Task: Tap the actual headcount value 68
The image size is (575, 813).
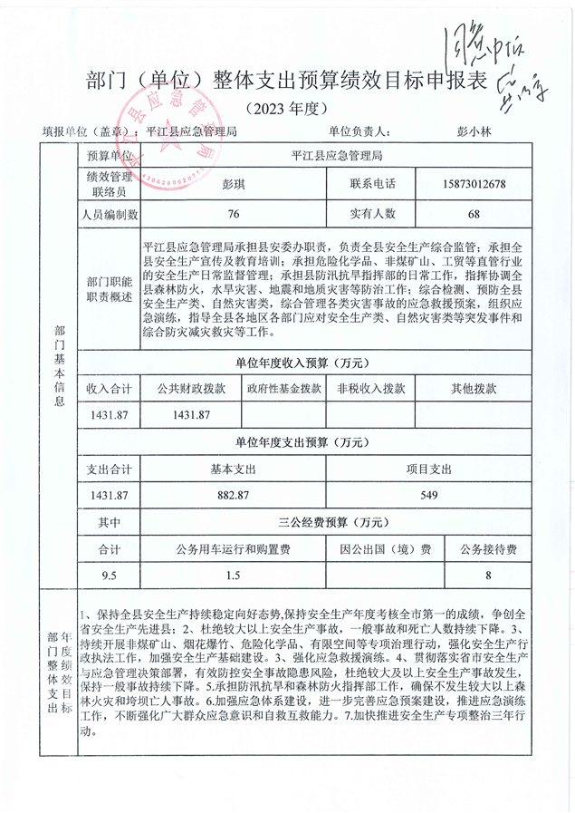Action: click(474, 215)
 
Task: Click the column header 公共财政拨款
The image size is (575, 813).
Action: click(190, 388)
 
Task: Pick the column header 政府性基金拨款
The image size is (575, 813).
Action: click(283, 388)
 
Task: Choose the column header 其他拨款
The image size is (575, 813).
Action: click(474, 388)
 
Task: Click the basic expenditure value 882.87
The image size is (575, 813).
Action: click(234, 495)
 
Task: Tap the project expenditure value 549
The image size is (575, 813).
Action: click(429, 495)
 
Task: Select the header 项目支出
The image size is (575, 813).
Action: click(429, 469)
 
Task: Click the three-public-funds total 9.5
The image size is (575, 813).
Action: click(110, 576)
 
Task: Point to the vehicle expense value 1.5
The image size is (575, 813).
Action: click(234, 576)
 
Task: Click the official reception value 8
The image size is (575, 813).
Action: click(488, 576)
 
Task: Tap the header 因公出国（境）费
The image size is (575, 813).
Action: click(385, 549)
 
